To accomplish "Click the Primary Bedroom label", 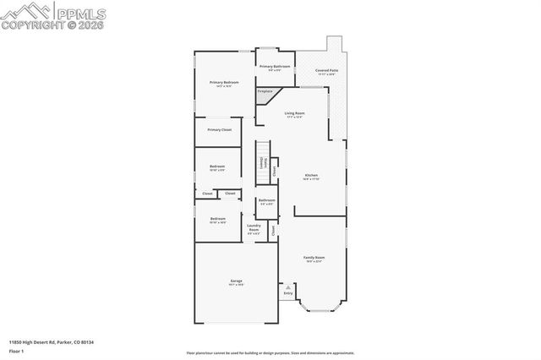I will tap(224, 83).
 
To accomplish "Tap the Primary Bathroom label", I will tap(275, 67).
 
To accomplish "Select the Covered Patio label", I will tap(326, 71).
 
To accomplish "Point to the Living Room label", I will tap(294, 113).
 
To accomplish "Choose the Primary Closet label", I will tap(218, 129).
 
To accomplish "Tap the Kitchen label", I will tap(311, 176).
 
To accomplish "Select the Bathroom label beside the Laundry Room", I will tap(266, 201).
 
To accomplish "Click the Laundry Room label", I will tap(254, 227).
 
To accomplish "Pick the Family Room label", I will tap(314, 258).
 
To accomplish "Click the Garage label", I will tap(236, 283).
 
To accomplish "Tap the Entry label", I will tap(287, 293).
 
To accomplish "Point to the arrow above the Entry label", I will tap(287, 287).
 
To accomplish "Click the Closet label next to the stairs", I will tap(274, 167).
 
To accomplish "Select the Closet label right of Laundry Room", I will tap(273, 229).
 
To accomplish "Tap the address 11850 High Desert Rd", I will tap(51, 341).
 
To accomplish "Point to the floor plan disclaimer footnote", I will tap(270, 353).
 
